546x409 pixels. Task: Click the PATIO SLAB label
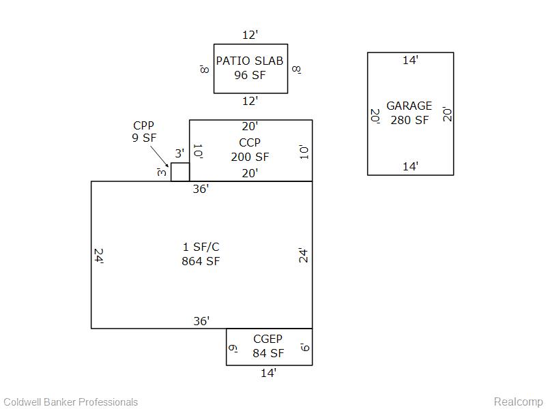point(250,61)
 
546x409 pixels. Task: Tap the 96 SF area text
point(250,75)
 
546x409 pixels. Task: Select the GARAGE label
point(409,106)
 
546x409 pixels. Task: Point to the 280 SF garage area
point(409,120)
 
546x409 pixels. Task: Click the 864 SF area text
point(201,261)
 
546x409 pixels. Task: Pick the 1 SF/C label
point(201,247)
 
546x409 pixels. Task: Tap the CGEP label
point(268,339)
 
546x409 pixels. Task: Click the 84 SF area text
point(268,353)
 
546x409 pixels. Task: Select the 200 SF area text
point(250,157)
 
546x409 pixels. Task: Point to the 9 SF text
point(144,138)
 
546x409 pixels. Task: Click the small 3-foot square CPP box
point(180,172)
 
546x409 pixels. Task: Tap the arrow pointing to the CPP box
point(160,156)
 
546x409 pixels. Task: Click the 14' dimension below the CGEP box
point(269,373)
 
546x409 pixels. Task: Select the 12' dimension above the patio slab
point(250,35)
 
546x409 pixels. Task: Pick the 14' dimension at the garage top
point(411,60)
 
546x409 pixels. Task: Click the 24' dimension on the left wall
point(99,256)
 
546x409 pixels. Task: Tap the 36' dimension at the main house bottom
point(201,320)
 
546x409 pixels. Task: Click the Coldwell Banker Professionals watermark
point(71,402)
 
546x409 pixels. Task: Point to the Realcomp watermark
point(518,402)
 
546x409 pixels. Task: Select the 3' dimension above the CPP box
point(179,153)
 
